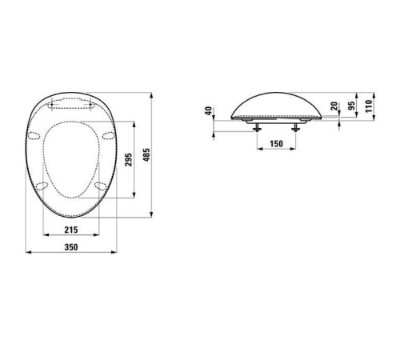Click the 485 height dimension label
tap(146, 154)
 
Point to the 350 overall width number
tap(70, 248)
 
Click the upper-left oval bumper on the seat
tap(35, 134)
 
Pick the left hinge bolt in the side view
tap(256, 127)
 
